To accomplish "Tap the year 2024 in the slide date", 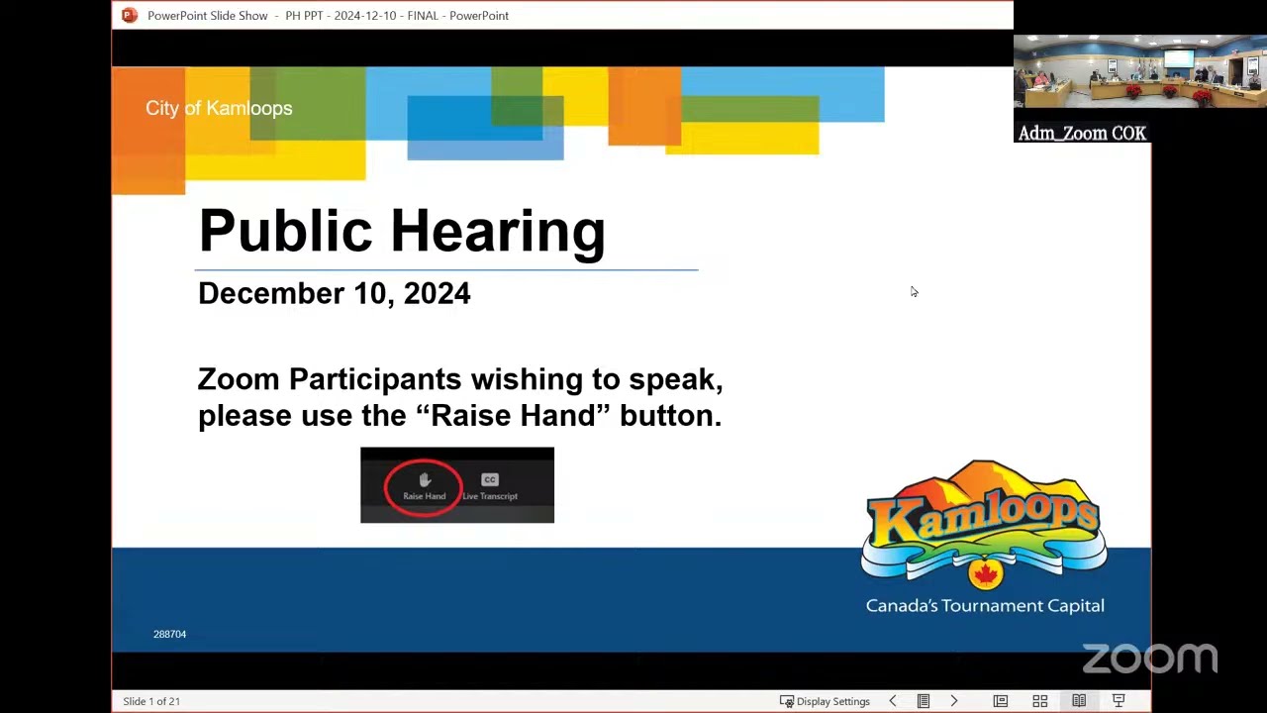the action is click(x=437, y=293).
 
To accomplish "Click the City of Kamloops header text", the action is click(x=219, y=108).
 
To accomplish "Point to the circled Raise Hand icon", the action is click(x=425, y=486).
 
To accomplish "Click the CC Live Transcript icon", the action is click(x=490, y=486).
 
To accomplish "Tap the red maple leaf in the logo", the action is click(x=985, y=574).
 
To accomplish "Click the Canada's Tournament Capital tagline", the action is click(x=985, y=606).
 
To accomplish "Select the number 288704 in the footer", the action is click(x=169, y=635).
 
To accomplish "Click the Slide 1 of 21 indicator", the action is click(x=151, y=702).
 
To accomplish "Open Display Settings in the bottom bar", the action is click(x=825, y=702).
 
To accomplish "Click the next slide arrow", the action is click(x=954, y=701).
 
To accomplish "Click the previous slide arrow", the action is click(x=893, y=701).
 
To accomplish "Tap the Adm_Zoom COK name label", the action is click(x=1082, y=133).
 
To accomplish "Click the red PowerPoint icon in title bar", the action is click(x=130, y=15).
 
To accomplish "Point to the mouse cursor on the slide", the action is click(x=914, y=291).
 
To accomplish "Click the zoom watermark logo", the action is click(x=1150, y=659).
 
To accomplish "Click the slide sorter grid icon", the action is click(x=1039, y=702).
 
